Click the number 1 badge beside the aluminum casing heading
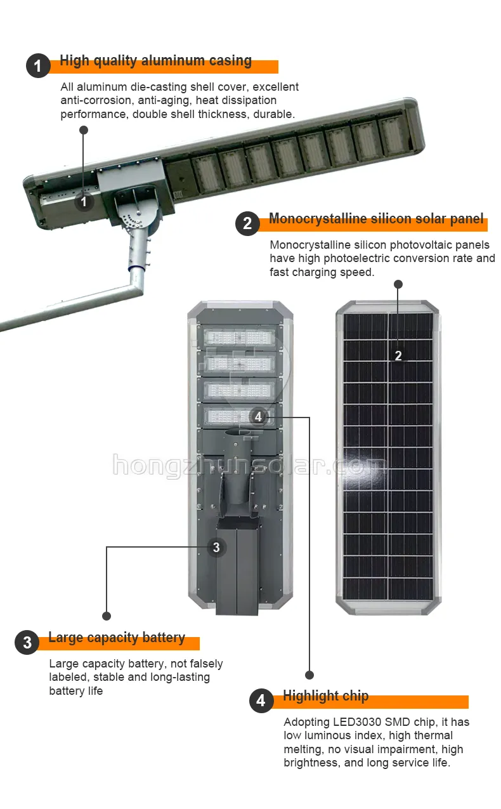tap(38, 66)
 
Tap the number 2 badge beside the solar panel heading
tap(247, 223)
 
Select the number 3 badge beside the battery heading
tap(27, 642)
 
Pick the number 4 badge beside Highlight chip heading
tap(261, 700)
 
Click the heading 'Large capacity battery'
tap(117, 638)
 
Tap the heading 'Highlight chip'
tap(325, 696)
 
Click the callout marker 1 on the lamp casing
tap(84, 202)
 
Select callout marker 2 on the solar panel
tap(398, 355)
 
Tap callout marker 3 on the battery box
tap(216, 547)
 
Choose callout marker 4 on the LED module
tap(257, 417)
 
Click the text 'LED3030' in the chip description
tap(357, 722)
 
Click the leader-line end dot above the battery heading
tap(107, 615)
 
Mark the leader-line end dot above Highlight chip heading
tap(309, 674)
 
